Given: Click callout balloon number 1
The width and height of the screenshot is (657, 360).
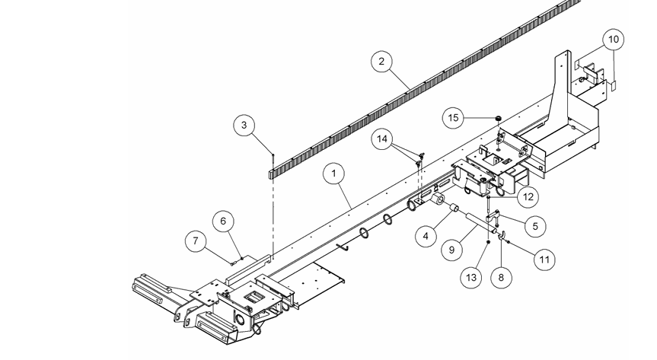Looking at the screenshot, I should (333, 174).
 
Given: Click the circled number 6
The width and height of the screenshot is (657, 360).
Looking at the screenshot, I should (223, 221).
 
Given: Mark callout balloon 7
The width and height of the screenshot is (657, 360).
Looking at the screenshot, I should (196, 242).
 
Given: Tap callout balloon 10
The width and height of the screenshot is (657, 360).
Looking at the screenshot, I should (614, 39).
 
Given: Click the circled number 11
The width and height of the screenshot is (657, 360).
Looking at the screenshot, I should (544, 259).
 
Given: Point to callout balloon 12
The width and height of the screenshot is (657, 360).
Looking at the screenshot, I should (528, 196).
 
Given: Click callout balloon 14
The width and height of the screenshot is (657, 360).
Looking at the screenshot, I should (384, 139).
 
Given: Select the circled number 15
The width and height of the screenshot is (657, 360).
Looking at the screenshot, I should (454, 118).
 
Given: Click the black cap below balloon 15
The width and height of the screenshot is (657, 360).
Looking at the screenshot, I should (498, 119).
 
